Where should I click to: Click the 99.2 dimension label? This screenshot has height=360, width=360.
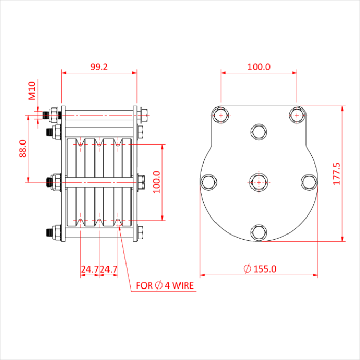pyautogui.click(x=99, y=67)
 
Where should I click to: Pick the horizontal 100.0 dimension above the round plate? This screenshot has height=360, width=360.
pyautogui.click(x=259, y=67)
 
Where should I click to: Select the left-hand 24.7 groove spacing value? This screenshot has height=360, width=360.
pyautogui.click(x=89, y=269)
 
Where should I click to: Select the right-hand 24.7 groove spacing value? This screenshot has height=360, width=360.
pyautogui.click(x=109, y=269)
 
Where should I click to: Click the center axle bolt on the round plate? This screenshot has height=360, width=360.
pyautogui.click(x=259, y=182)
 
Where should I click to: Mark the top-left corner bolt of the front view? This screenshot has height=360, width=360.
pyautogui.click(x=221, y=115)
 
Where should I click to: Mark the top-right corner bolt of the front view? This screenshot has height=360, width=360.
pyautogui.click(x=296, y=115)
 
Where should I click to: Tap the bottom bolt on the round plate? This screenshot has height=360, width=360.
pyautogui.click(x=259, y=232)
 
